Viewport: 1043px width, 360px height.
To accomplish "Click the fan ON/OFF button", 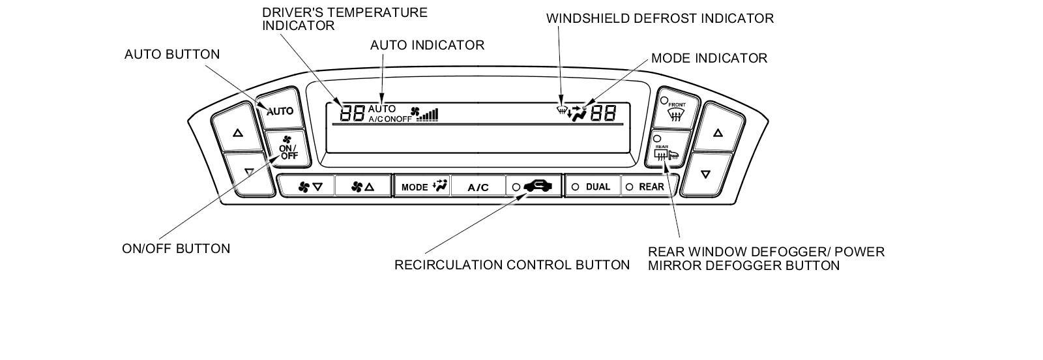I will [287, 148].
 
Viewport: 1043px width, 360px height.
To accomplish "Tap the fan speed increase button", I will [362, 187].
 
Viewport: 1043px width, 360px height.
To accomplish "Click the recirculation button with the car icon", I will [533, 187].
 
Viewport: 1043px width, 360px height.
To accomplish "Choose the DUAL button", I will [592, 187].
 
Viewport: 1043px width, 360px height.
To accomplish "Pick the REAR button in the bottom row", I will [646, 187].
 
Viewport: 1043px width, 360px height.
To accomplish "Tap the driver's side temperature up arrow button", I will [237, 133].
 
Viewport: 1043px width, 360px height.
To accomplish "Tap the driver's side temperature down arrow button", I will [248, 173].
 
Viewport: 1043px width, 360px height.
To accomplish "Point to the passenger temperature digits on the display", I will [603, 113].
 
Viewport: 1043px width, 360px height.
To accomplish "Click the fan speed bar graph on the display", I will [429, 115].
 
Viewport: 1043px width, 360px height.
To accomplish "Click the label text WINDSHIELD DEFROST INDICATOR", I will [660, 18].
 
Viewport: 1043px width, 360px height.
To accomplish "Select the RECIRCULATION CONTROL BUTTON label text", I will [512, 265].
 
